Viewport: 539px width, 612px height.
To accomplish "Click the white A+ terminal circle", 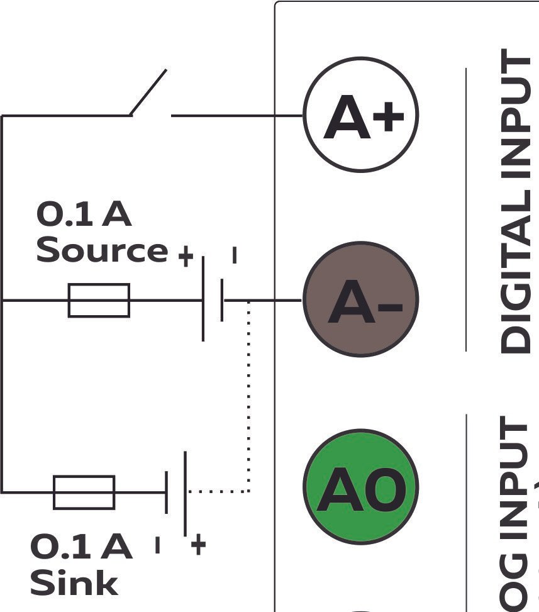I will coord(361,115).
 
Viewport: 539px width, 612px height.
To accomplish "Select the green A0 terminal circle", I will coord(361,487).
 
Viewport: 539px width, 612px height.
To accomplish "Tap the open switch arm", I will coord(149,92).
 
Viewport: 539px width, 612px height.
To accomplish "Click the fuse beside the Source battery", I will coord(99,300).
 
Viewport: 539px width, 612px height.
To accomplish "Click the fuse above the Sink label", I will coord(84,492).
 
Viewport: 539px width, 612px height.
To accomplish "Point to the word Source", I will coord(101,250).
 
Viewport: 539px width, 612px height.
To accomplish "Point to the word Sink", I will coord(74,582).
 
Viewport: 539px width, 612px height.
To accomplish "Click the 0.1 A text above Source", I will coord(84,215).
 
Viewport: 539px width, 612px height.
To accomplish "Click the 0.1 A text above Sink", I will coord(81,547).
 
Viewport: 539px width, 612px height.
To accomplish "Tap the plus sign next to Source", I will coord(185,256).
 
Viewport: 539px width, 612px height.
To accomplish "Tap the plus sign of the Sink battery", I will coord(197,545).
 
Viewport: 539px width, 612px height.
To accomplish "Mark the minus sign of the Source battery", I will coord(235,255).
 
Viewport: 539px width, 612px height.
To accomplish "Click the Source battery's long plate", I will coord(203,300).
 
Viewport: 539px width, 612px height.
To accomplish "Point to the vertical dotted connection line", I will coord(249,396).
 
